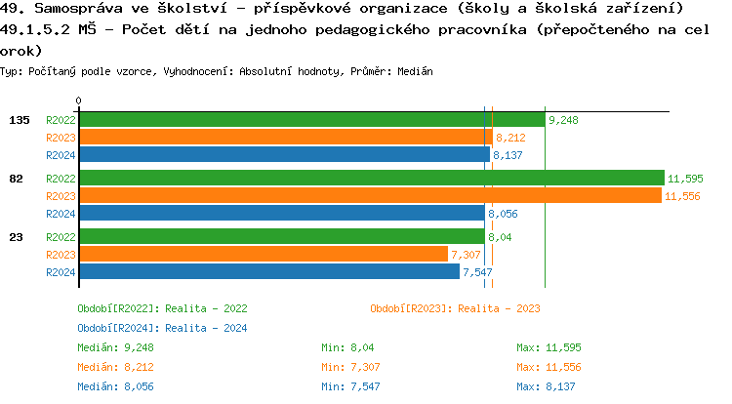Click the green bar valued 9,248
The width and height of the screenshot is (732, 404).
tap(312, 120)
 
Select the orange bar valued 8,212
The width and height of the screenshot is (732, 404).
tap(286, 138)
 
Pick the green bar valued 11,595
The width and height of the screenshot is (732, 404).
tap(372, 179)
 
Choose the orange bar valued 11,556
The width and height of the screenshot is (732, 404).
tap(371, 195)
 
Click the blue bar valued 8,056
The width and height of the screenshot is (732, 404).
tap(282, 213)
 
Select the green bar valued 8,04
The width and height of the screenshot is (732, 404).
tap(282, 237)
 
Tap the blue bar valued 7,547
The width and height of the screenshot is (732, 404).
tap(269, 271)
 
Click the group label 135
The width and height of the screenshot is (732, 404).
tap(20, 120)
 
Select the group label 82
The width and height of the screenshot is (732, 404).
tap(17, 179)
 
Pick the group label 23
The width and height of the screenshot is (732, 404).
tap(17, 237)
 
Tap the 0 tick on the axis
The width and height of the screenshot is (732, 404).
tap(79, 101)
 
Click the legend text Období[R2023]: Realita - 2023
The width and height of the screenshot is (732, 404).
tap(455, 308)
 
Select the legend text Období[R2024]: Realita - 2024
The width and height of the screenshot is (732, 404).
tap(162, 328)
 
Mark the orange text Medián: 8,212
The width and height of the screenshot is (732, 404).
tap(115, 367)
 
